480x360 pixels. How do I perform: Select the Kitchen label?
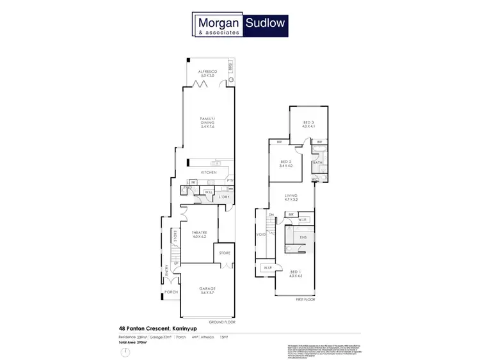pos(209,173)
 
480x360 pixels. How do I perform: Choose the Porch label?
pos(172,292)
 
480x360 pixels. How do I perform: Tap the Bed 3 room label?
pos(309,123)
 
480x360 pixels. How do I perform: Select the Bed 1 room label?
pos(294,273)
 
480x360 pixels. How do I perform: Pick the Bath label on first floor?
pos(318,163)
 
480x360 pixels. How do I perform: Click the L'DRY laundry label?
pos(223,196)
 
